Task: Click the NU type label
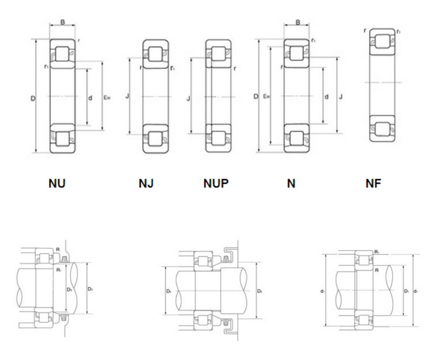(x=57, y=184)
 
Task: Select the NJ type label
(x=146, y=184)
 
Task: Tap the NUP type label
(x=216, y=184)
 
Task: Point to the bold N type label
(x=291, y=184)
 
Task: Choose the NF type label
(x=373, y=184)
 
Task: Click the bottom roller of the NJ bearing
(x=155, y=139)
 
